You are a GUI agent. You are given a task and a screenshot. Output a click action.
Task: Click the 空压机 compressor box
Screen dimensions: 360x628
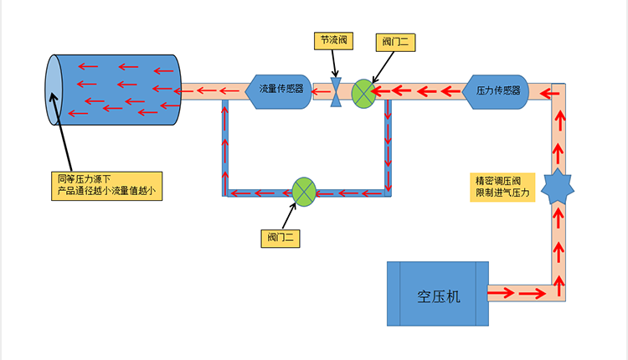click(x=437, y=294)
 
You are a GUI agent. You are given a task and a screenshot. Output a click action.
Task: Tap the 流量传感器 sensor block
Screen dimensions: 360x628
click(x=280, y=89)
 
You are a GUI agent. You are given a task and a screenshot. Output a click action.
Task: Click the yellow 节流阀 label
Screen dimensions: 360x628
click(x=334, y=40)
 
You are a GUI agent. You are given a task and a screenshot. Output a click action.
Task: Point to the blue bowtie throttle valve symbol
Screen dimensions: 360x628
click(x=335, y=92)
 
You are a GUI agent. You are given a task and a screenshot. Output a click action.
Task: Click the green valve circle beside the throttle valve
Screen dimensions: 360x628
click(x=363, y=93)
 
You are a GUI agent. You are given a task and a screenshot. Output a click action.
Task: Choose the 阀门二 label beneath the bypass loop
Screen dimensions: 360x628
click(x=280, y=238)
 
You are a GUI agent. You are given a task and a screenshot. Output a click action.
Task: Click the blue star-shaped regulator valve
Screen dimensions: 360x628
click(x=557, y=187)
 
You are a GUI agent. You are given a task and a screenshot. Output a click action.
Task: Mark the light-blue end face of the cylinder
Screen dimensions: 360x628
click(x=53, y=90)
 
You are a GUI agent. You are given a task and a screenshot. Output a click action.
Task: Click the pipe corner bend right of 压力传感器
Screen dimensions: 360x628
click(x=558, y=90)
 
